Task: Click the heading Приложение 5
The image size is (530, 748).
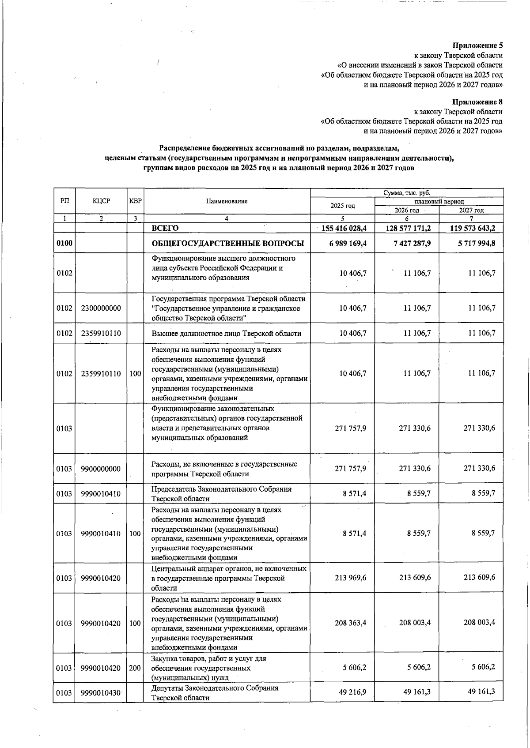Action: (x=477, y=45)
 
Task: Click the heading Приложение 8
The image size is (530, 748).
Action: (x=477, y=102)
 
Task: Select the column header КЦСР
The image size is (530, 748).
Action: (x=101, y=201)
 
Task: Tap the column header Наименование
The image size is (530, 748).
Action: (x=227, y=201)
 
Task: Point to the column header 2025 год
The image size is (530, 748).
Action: (x=343, y=206)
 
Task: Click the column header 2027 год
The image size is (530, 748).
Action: (x=471, y=210)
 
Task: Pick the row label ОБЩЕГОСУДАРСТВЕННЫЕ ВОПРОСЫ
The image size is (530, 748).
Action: (x=227, y=244)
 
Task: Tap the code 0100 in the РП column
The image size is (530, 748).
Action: (x=64, y=244)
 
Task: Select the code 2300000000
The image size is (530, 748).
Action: (x=101, y=308)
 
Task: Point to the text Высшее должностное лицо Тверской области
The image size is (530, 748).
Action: (x=226, y=334)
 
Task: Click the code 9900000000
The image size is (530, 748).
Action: (x=101, y=469)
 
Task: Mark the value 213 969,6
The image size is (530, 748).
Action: (x=350, y=578)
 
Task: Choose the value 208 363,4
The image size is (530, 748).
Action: (x=350, y=623)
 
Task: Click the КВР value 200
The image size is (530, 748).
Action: (x=135, y=668)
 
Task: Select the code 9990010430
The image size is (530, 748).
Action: (x=101, y=693)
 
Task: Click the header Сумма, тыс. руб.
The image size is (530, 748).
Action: (x=407, y=193)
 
